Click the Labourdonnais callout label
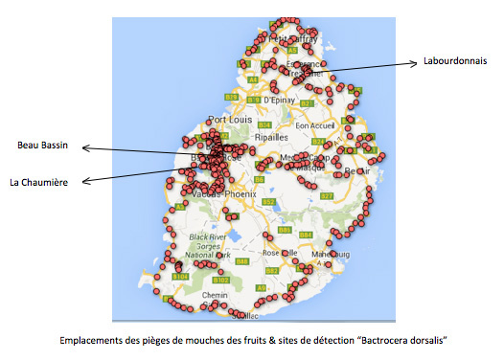pos(453,63)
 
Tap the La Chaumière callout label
pos(38,181)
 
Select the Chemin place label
pos(215,297)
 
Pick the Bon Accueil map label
pos(315,124)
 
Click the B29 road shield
pos(232,98)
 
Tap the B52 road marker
pos(269,202)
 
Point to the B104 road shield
pos(179,276)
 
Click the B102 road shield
pos(220,280)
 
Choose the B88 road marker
pos(242,261)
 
